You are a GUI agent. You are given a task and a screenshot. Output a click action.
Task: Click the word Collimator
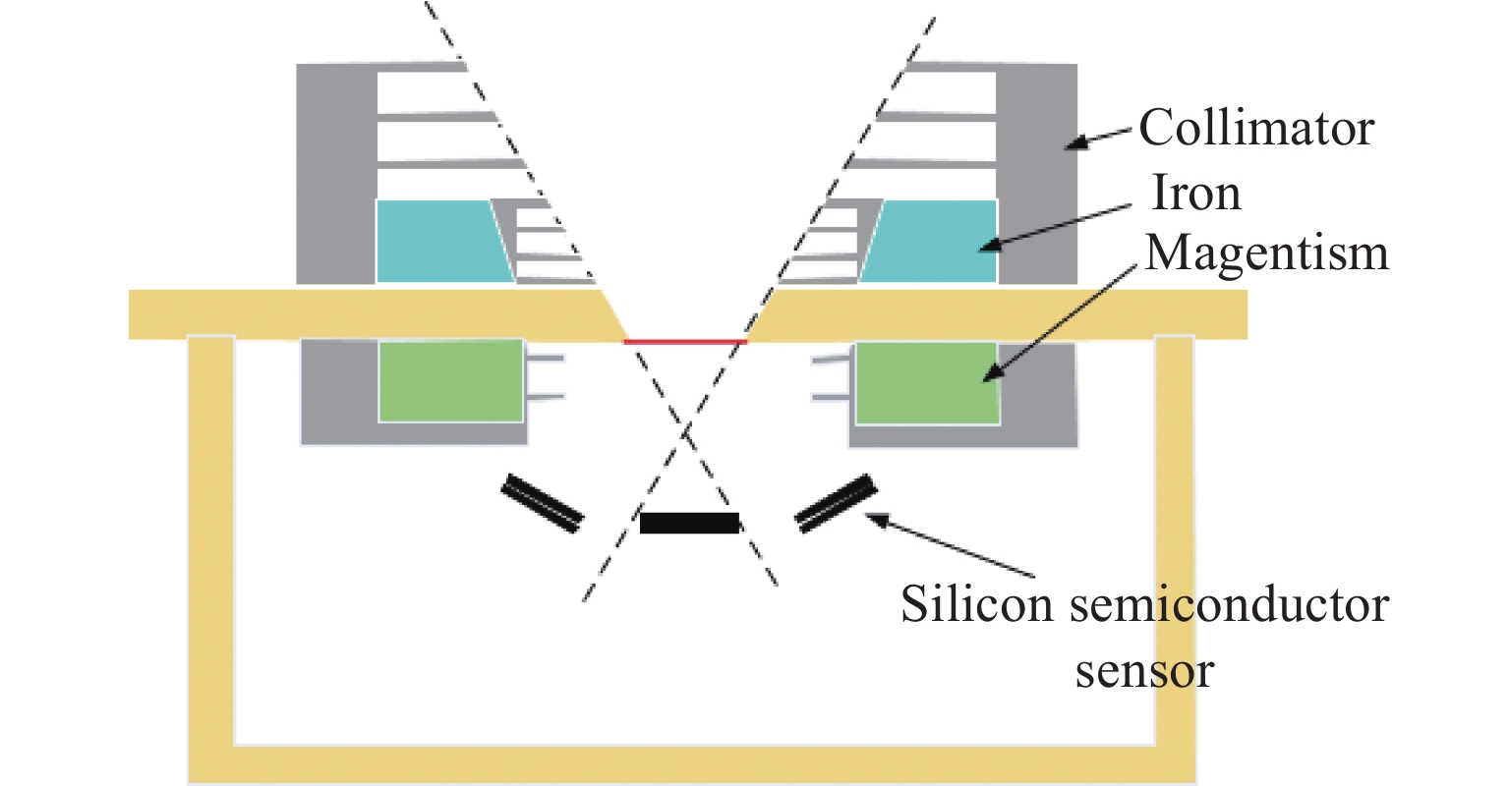point(1255,129)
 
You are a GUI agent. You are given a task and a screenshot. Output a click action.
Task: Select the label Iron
point(1195,194)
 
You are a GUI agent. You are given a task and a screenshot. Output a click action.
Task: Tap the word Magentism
point(1267,253)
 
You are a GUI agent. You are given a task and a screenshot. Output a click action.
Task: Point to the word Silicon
point(977,603)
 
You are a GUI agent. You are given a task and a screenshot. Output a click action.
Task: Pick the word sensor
point(1144,671)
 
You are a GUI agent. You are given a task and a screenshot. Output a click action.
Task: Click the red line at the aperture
point(685,342)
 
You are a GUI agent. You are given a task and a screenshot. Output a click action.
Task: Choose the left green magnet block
point(450,381)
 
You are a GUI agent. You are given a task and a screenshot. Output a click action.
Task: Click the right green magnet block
point(926,383)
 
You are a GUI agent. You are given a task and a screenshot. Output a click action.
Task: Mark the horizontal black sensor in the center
point(689,523)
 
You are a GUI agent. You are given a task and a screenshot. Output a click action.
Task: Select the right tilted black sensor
point(836,503)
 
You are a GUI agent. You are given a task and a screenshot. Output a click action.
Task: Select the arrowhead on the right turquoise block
point(987,246)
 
